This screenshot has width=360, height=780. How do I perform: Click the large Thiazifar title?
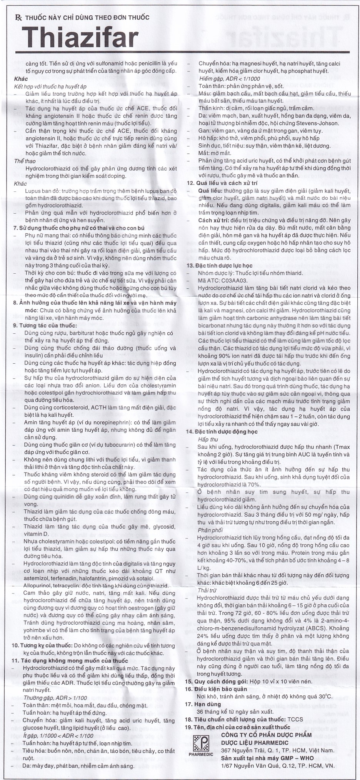tap(80, 38)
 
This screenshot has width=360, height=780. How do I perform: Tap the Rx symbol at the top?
tap(18, 17)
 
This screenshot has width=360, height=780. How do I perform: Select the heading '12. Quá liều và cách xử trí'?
tap(222, 183)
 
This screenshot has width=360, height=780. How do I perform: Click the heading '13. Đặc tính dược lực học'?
tap(219, 266)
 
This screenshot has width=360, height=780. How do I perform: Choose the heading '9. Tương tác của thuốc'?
tap(45, 326)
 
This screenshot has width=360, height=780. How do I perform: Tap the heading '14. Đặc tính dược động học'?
tap(222, 432)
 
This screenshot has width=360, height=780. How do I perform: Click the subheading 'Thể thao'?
tap(25, 161)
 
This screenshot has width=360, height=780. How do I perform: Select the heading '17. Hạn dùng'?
tap(203, 704)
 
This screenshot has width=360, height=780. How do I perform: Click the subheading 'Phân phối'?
tap(210, 530)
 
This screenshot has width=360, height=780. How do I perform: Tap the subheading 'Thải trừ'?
tap(207, 590)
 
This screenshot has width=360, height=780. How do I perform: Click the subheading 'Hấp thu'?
tap(208, 439)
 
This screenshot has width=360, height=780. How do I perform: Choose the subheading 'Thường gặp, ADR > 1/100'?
tap(55, 698)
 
